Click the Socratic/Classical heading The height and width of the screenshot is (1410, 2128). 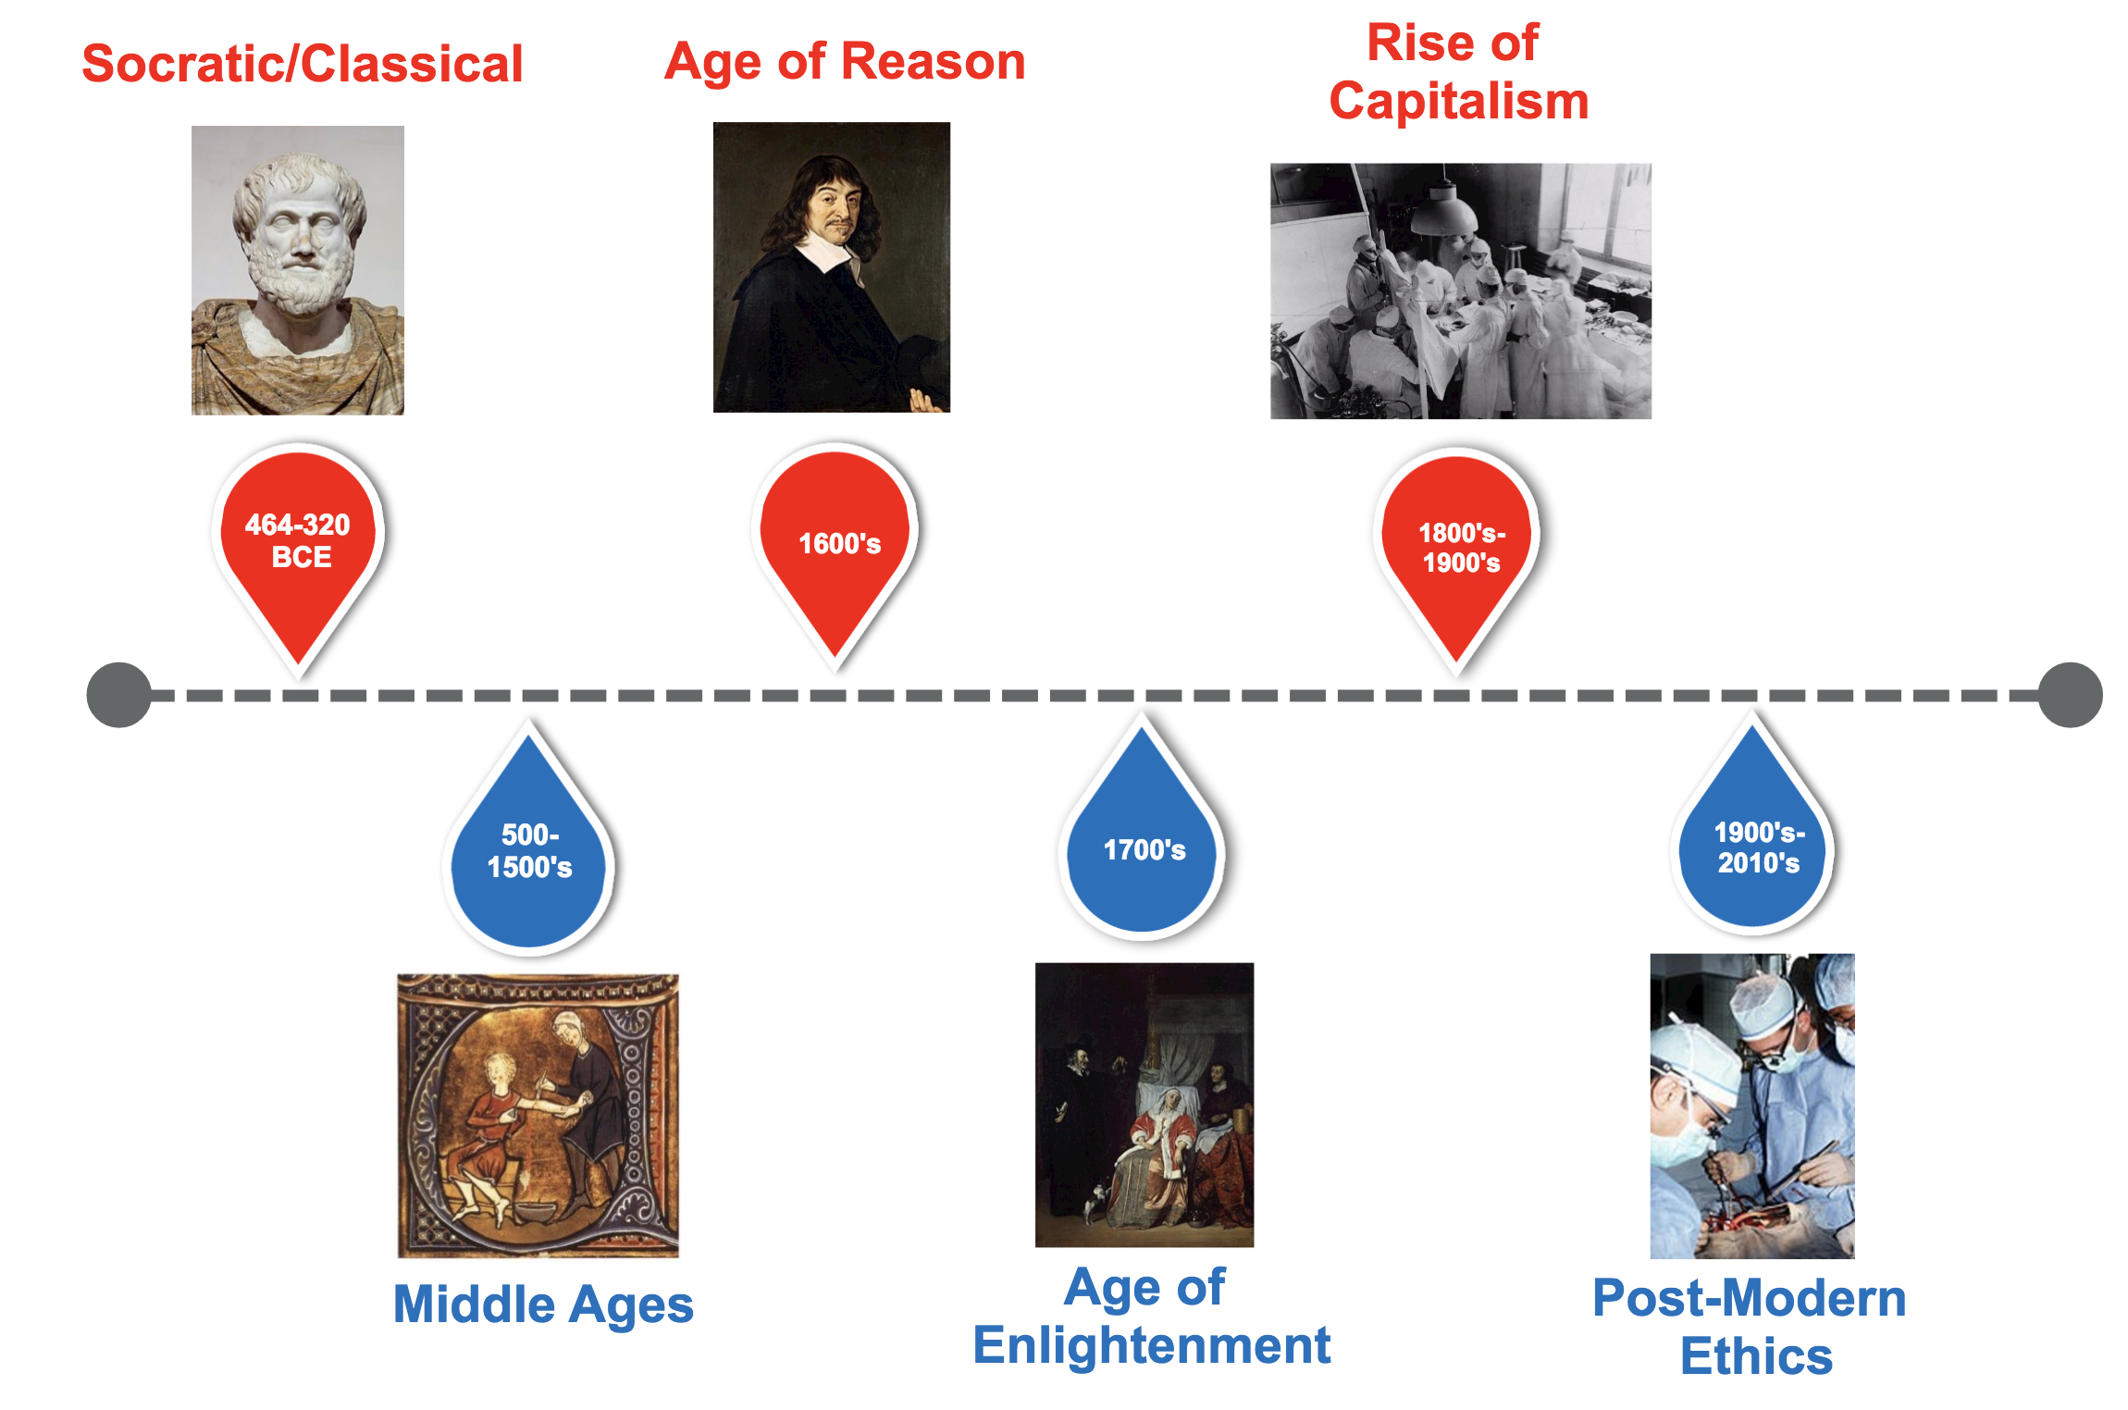[303, 64]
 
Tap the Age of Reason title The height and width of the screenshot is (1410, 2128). [845, 62]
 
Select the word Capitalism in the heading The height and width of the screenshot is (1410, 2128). [1458, 101]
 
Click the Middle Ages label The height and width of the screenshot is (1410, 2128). [543, 1305]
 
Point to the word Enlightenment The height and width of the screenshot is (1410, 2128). [1151, 1345]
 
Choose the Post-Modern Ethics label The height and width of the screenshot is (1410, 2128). [1750, 1327]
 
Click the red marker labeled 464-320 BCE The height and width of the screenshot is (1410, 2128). [298, 541]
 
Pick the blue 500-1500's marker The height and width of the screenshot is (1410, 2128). [529, 851]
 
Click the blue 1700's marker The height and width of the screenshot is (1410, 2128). [1144, 849]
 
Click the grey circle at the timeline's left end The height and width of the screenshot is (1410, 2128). [119, 695]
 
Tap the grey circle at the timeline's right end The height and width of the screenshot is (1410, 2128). [2070, 695]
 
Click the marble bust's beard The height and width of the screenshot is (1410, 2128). [301, 278]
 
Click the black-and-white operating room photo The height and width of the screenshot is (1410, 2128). [1460, 291]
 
